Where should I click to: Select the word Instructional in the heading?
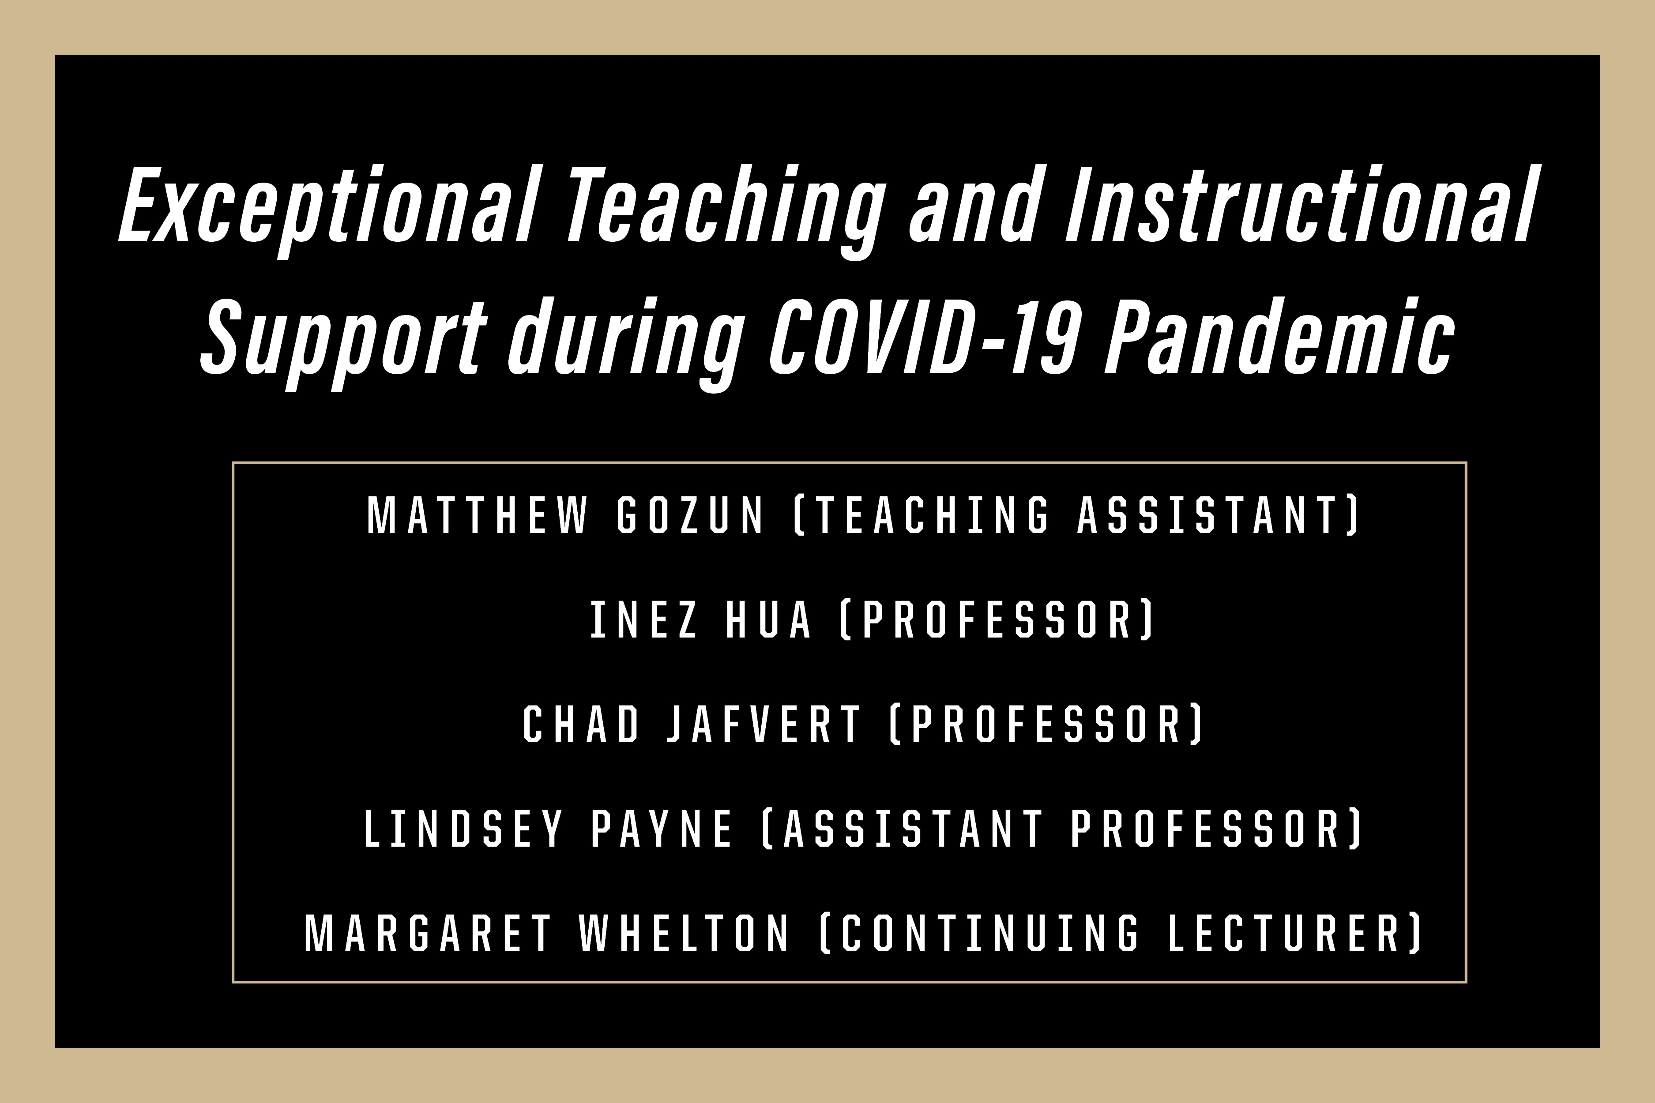1300,204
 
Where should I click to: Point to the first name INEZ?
644,619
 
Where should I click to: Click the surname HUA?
768,619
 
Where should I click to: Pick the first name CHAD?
581,724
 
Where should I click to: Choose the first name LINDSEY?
464,828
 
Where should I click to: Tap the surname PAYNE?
662,828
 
